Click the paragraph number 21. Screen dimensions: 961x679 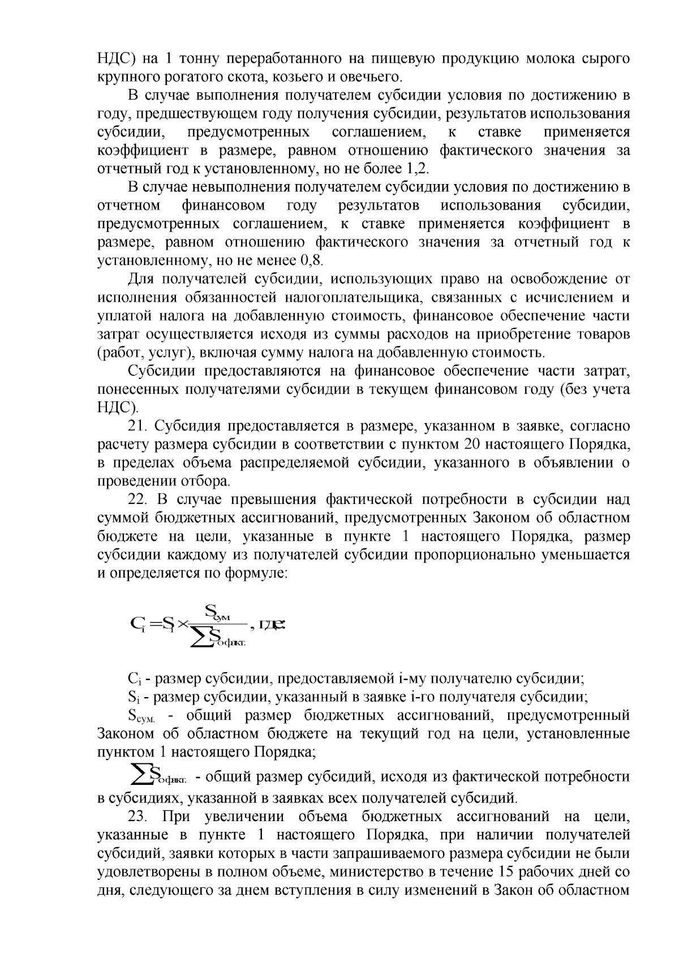pos(139,426)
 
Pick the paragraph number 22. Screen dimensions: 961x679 pos(139,499)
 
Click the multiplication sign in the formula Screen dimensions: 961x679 pos(182,625)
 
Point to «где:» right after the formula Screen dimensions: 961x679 pos(273,625)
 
